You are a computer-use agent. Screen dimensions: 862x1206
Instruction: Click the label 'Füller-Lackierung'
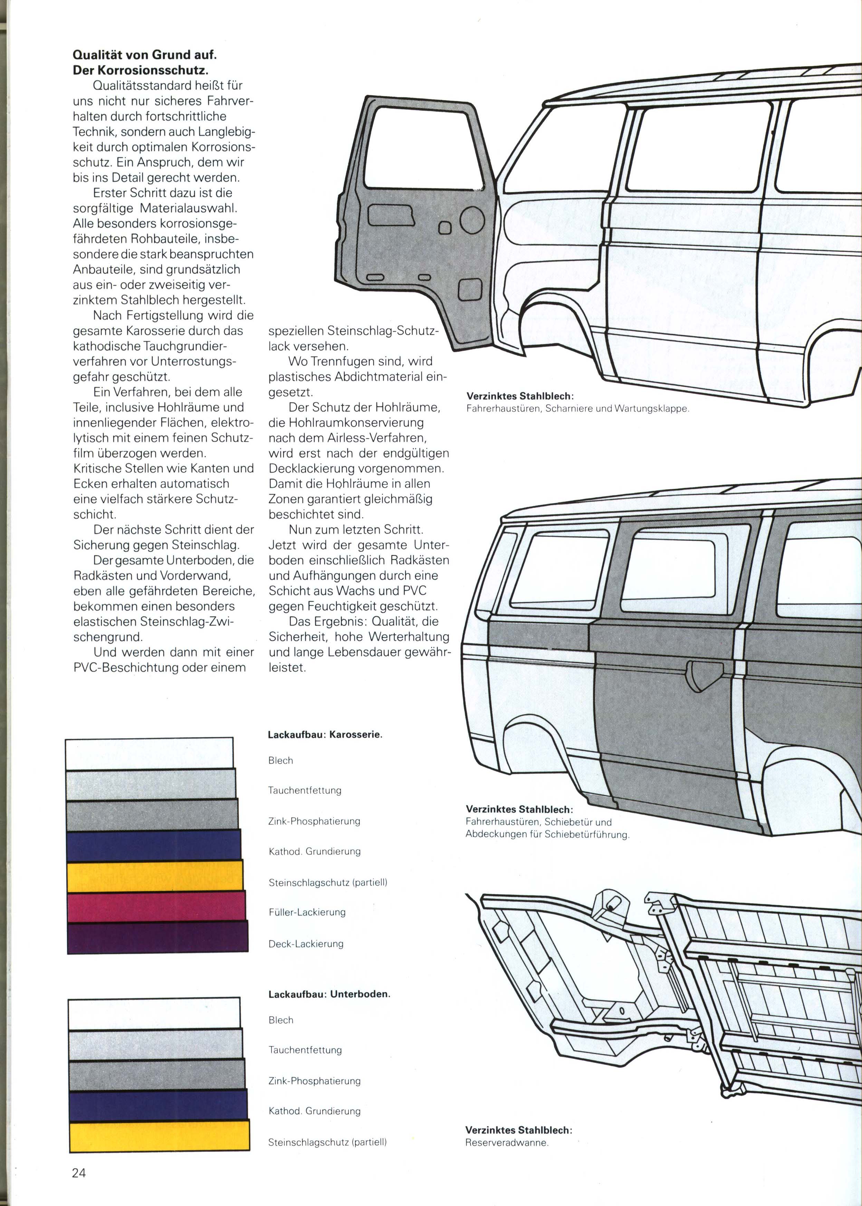(307, 912)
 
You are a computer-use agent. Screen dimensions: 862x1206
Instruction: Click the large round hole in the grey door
(472, 220)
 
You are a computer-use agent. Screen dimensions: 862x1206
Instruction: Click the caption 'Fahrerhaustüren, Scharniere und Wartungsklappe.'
(577, 409)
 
